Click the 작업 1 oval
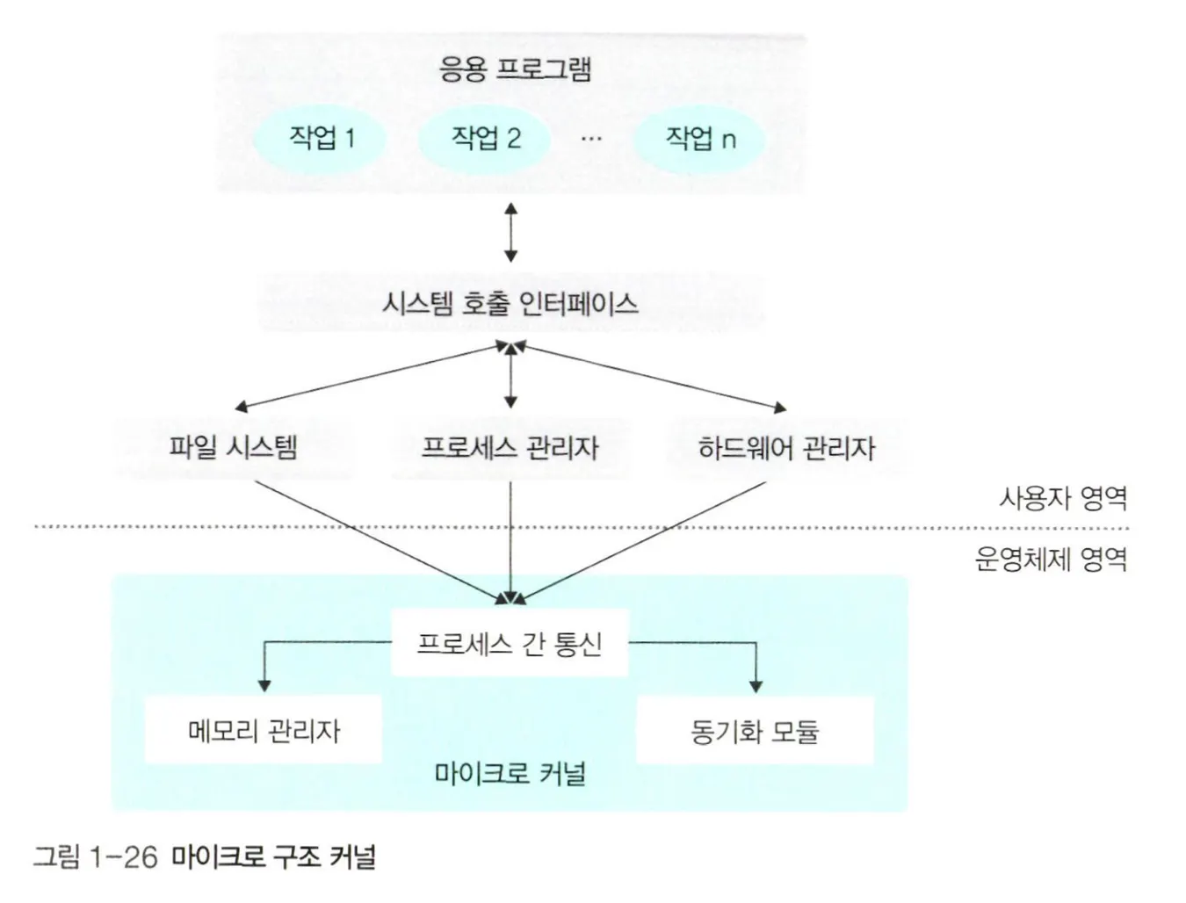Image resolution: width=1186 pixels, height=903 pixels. [x=322, y=138]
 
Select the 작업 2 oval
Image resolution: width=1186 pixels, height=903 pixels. [x=485, y=138]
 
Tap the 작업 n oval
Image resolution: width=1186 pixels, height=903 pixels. [x=699, y=138]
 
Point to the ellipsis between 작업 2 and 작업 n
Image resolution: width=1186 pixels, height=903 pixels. [x=591, y=139]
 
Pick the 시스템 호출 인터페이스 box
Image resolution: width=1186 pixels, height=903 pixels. [x=510, y=304]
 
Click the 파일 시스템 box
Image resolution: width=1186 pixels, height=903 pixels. [x=234, y=447]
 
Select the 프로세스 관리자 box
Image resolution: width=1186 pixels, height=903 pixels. [x=510, y=448]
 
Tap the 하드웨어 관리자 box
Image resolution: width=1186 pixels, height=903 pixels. [x=786, y=448]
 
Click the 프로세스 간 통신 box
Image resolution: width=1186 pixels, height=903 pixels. [x=510, y=644]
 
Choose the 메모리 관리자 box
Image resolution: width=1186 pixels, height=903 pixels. [x=264, y=730]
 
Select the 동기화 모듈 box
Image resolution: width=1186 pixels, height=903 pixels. [x=755, y=730]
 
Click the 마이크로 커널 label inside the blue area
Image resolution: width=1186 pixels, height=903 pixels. [x=510, y=774]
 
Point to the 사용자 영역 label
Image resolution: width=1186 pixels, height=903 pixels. [x=1063, y=499]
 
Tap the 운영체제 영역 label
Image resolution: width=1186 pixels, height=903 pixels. [x=1051, y=559]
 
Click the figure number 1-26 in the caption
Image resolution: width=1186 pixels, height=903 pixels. [x=123, y=856]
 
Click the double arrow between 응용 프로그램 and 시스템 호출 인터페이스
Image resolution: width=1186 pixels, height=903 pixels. [x=510, y=232]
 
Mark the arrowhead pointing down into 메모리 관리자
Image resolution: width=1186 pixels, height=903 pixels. [x=264, y=685]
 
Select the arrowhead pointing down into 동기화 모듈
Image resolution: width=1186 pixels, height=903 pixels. [x=756, y=685]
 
